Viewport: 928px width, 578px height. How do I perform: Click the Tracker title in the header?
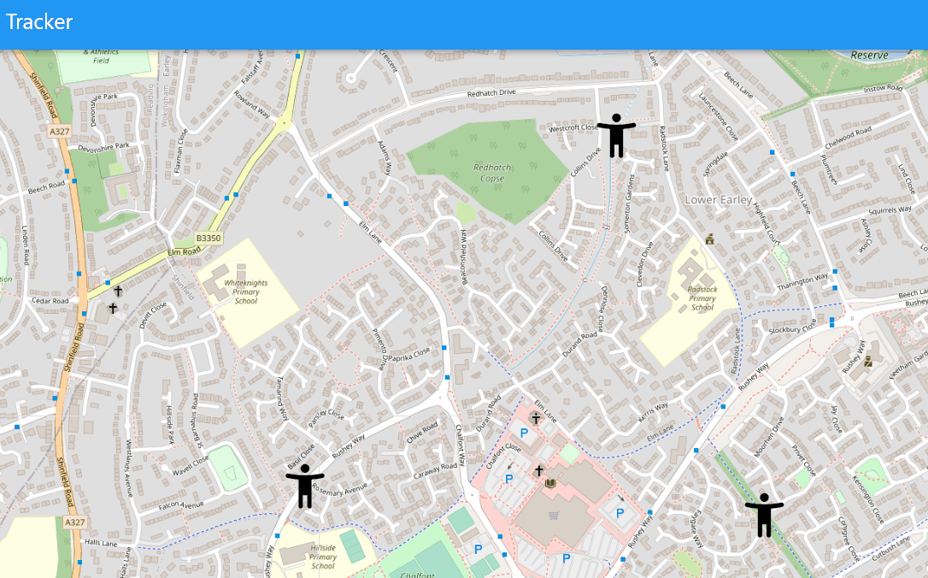(x=39, y=22)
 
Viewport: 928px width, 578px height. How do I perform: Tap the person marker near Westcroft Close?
(x=616, y=135)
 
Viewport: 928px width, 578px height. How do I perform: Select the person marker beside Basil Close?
(x=305, y=486)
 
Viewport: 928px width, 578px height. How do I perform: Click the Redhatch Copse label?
(x=489, y=173)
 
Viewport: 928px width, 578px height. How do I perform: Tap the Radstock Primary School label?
(x=702, y=298)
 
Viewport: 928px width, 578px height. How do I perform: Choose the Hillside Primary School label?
(x=323, y=556)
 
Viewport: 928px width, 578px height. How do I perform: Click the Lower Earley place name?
(x=719, y=200)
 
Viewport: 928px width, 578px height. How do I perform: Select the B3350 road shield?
(x=208, y=238)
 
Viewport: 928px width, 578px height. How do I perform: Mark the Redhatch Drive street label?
(x=492, y=92)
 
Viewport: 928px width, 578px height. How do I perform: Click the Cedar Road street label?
(x=50, y=301)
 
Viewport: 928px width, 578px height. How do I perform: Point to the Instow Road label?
(x=883, y=88)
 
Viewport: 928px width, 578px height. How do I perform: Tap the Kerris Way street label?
(x=655, y=410)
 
